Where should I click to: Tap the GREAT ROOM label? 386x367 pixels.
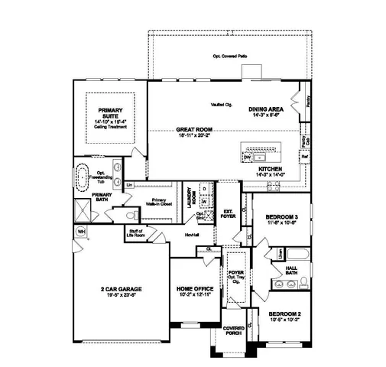coord(193,130)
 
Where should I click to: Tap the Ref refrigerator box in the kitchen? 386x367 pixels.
coord(304,157)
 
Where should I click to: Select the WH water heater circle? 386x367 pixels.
coord(80,231)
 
